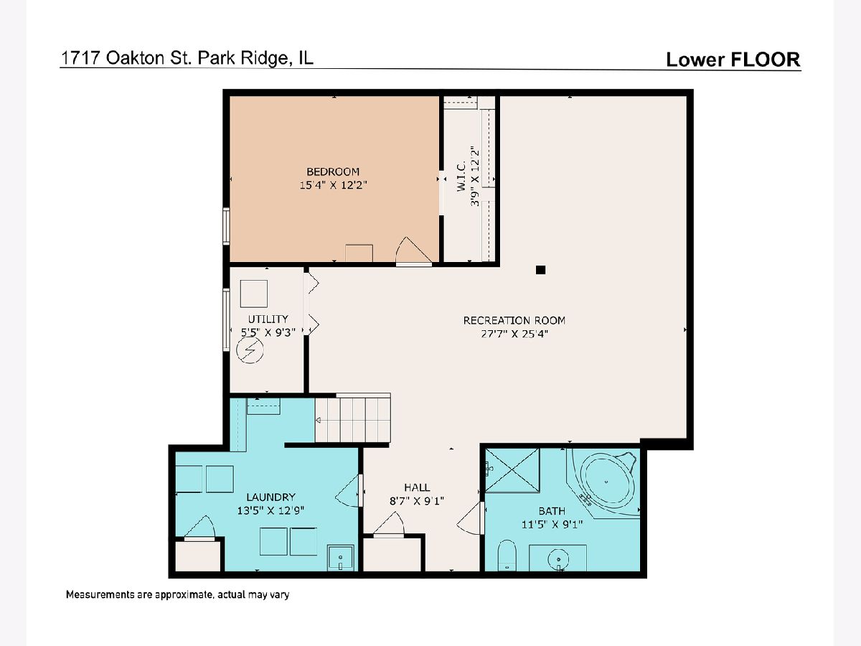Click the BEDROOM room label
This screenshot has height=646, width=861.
point(333,172)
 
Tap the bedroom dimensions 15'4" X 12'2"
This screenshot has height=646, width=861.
point(333,185)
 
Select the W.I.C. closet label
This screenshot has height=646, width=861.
point(461,176)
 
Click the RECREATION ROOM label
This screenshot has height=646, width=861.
point(514,321)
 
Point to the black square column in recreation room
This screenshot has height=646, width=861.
point(540,270)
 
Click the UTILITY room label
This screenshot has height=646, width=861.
point(268,319)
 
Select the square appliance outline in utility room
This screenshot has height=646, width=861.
point(254,294)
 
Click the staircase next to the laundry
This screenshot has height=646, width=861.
point(352,420)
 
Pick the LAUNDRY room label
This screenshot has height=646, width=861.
point(270,497)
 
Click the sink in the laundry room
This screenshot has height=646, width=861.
point(341,558)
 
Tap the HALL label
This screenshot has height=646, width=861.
point(417,487)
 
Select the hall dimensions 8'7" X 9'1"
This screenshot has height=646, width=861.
point(417,501)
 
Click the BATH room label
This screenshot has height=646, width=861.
point(552,511)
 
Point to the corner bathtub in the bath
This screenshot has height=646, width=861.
point(606,483)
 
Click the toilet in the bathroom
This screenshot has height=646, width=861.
point(507,556)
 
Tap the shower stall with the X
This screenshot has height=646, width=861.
point(512,470)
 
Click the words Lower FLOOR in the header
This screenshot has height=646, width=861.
point(733,60)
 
